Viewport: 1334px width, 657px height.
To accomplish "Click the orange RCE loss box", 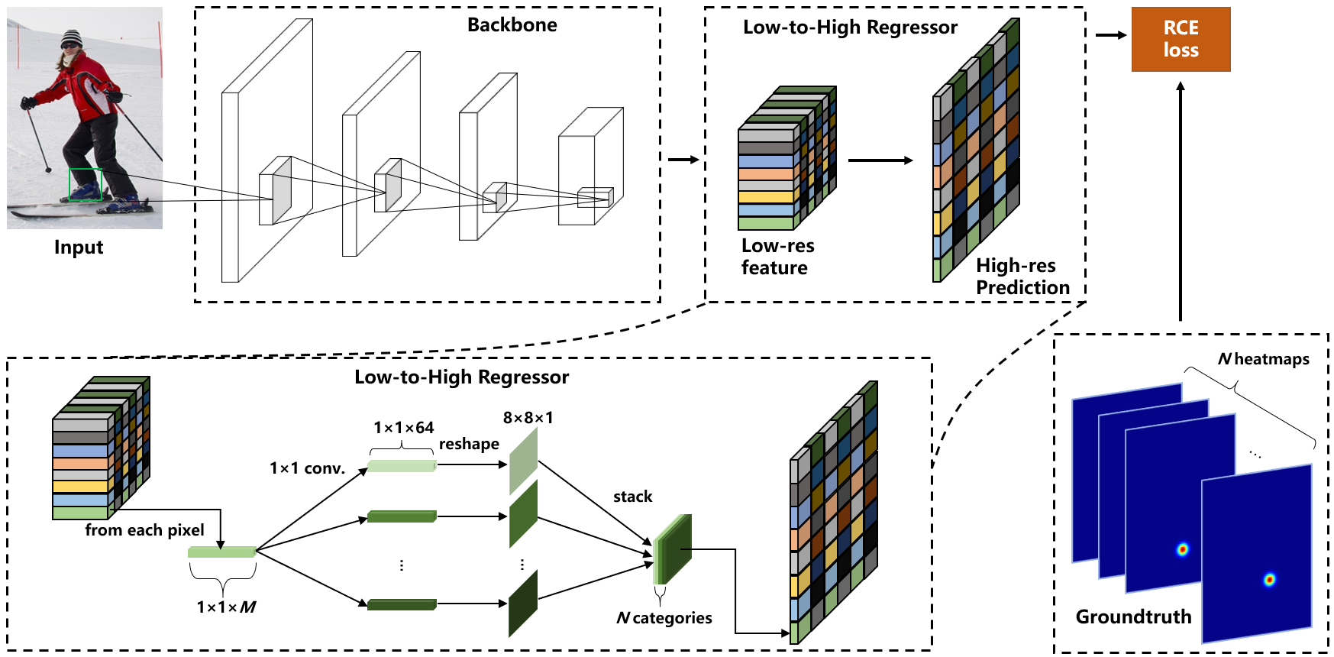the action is click(1181, 39).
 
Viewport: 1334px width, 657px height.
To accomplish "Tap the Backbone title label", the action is click(512, 25).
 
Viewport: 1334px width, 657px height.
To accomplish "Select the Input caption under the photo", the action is click(79, 248).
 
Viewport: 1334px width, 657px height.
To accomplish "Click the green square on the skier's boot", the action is click(86, 185).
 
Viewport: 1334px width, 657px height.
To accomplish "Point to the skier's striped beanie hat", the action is click(71, 38).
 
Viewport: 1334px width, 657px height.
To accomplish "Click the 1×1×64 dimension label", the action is click(403, 428).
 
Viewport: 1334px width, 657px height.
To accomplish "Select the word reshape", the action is click(469, 445).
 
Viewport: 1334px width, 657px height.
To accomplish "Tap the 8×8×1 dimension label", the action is click(528, 418).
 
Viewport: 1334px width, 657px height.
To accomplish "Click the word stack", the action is click(633, 497).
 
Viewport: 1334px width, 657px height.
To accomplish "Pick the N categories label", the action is click(664, 618).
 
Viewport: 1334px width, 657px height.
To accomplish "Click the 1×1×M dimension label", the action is click(226, 607).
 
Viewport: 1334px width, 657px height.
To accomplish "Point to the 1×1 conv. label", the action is click(307, 468).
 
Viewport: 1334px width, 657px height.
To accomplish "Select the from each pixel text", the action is click(144, 530).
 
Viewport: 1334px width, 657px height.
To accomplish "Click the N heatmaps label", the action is click(1264, 359).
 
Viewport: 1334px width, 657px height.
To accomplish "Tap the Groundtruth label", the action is click(1133, 617).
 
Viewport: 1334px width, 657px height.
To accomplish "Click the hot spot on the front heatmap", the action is click(1269, 580).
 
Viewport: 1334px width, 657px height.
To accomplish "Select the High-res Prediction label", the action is click(1022, 277).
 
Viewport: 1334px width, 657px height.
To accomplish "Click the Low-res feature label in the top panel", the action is click(777, 257).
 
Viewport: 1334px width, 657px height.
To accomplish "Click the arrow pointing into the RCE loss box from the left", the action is click(1111, 35).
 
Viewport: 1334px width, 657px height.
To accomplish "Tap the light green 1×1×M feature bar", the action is click(222, 552).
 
